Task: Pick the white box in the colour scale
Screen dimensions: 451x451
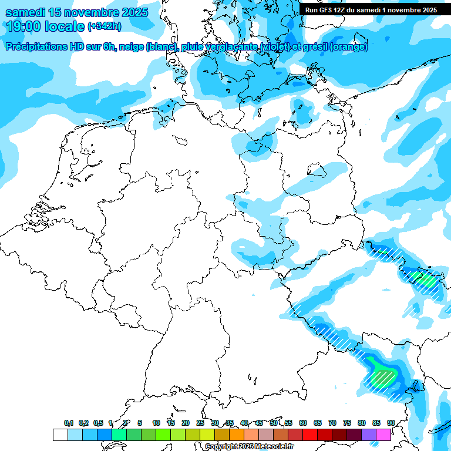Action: pyautogui.click(x=60, y=435)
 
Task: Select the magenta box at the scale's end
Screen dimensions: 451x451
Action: pyautogui.click(x=383, y=435)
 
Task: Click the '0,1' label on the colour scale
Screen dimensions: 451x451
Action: pyautogui.click(x=69, y=423)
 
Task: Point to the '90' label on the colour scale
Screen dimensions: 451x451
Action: pyautogui.click(x=391, y=423)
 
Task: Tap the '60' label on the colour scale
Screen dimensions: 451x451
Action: pyautogui.click(x=303, y=423)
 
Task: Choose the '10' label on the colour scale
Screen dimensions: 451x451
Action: pyautogui.click(x=156, y=423)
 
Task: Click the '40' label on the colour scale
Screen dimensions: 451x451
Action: pyautogui.click(x=244, y=423)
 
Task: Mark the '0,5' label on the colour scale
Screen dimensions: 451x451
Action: pyautogui.click(x=98, y=423)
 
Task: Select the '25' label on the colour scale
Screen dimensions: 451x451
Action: pyautogui.click(x=200, y=423)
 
